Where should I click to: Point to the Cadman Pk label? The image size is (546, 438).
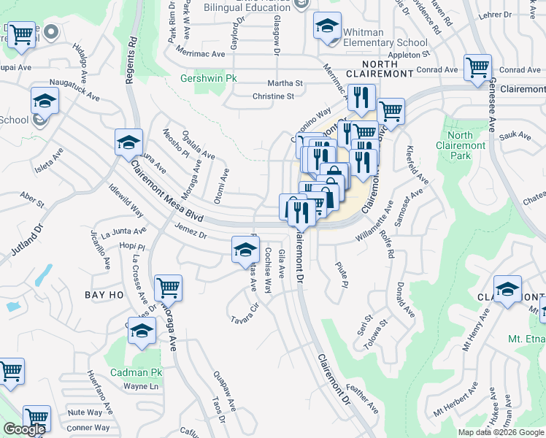[x=135, y=372]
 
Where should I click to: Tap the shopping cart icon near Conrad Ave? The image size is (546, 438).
[x=477, y=67]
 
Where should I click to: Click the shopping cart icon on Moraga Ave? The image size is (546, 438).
[x=168, y=288]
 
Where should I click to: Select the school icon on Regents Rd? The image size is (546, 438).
[x=128, y=142]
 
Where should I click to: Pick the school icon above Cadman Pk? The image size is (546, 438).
[x=142, y=330]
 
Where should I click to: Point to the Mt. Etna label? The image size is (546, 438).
[x=526, y=339]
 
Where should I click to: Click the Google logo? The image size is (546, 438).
[x=24, y=429]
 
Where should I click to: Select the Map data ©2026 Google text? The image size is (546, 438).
[x=501, y=432]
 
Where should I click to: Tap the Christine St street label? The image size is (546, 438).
[x=273, y=96]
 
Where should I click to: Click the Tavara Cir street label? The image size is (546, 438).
[x=245, y=315]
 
